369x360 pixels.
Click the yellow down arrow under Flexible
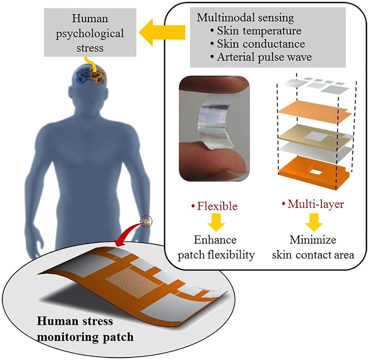pyautogui.click(x=215, y=222)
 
